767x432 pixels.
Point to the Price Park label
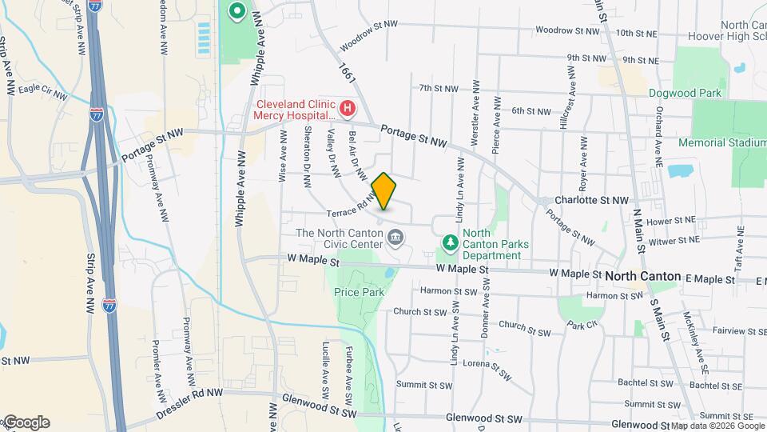coord(359,292)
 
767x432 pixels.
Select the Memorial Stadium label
coord(721,142)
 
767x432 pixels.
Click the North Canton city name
coord(642,276)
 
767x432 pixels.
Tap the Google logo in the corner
coord(26,422)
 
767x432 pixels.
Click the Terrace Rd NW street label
coord(352,209)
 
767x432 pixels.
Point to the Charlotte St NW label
coord(592,200)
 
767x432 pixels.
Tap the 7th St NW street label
coord(439,88)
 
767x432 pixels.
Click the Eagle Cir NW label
coord(42,91)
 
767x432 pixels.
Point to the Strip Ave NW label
coord(90,285)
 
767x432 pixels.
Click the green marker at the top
coord(236,12)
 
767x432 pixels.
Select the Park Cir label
coord(582,325)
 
